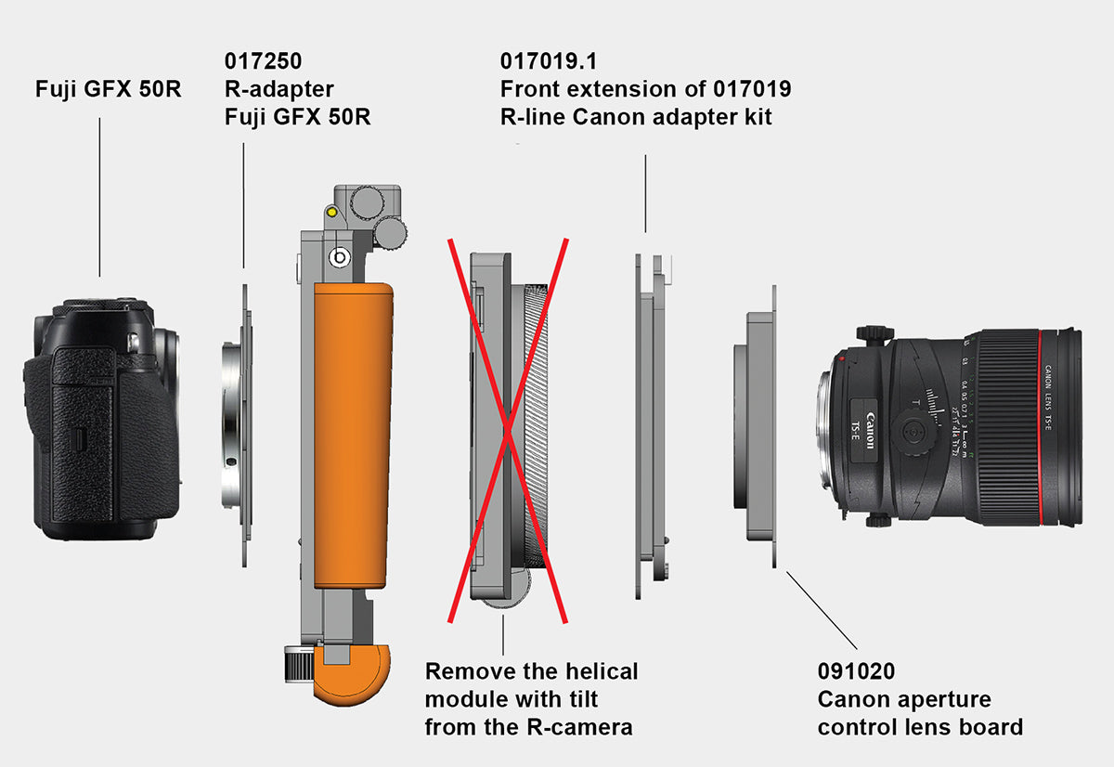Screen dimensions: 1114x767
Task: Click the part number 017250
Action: click(x=263, y=61)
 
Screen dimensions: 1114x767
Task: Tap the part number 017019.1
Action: click(x=548, y=61)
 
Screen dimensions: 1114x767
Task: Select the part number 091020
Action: click(x=856, y=671)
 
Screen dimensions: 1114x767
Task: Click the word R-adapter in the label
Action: click(x=279, y=89)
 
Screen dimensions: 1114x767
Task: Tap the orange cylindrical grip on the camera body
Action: click(x=353, y=435)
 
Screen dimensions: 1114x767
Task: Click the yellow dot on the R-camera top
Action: click(x=332, y=213)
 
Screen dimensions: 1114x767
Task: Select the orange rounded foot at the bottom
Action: click(x=352, y=674)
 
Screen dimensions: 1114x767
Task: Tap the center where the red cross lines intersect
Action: click(x=508, y=431)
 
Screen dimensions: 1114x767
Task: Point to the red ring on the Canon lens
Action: click(x=1040, y=427)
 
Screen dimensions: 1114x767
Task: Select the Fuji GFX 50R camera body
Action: click(x=102, y=419)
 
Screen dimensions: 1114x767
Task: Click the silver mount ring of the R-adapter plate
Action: click(x=231, y=425)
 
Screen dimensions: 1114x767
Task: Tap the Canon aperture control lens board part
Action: click(x=756, y=426)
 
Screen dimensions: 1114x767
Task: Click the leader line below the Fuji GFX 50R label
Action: click(x=99, y=197)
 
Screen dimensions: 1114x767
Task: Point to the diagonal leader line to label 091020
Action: click(x=822, y=610)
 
